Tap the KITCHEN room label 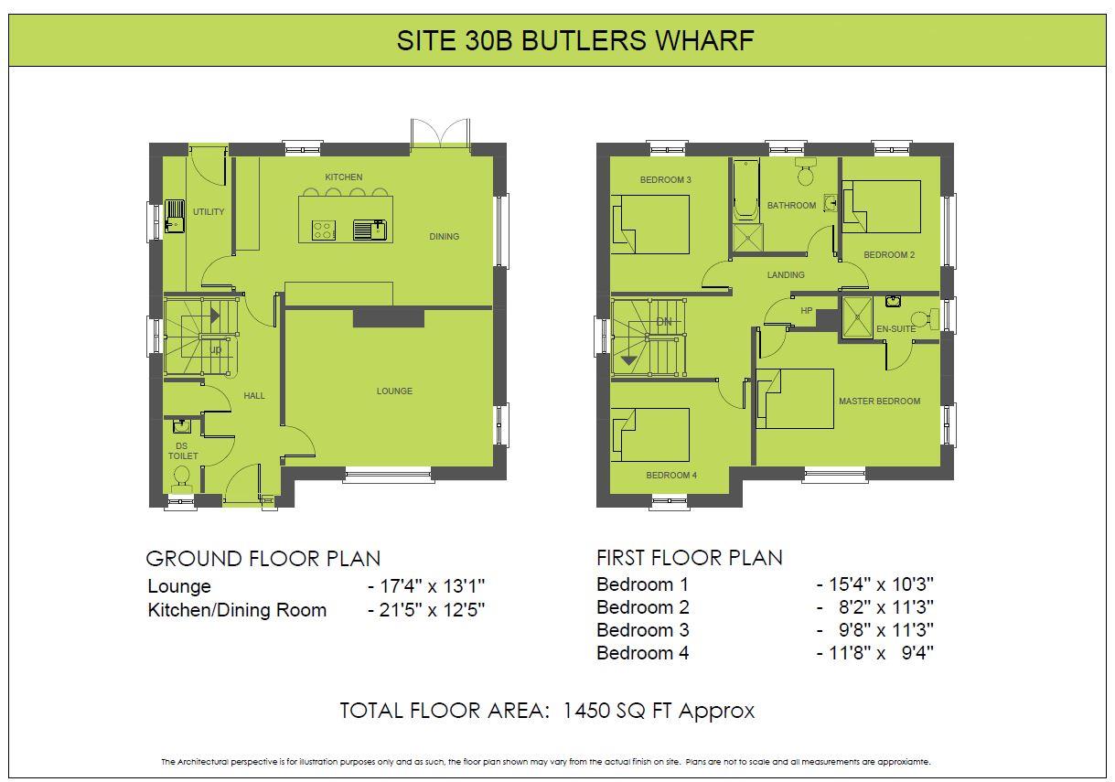coord(344,177)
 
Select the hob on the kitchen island coord(323,229)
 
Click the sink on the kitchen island coord(372,229)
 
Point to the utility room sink coord(175,219)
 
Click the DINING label coord(444,237)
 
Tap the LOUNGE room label coord(394,391)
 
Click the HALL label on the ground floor coord(254,395)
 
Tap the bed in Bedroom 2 coord(881,207)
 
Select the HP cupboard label coord(806,311)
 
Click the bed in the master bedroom coord(795,398)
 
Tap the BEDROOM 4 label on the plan coord(671,476)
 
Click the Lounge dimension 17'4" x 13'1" coord(425,586)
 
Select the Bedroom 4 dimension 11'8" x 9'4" coord(875,653)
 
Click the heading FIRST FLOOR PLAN coord(689,558)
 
